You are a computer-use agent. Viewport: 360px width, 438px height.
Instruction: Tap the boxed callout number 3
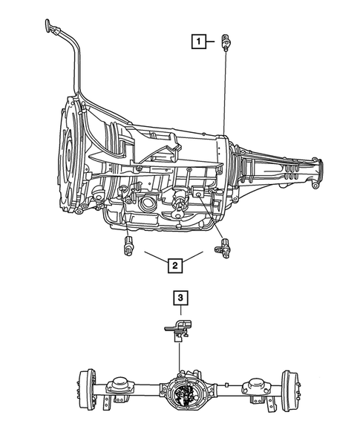pos(180,298)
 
